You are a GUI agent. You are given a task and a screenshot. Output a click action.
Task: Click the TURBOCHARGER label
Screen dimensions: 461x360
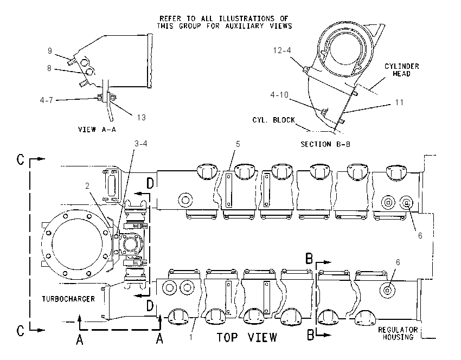(x=68, y=299)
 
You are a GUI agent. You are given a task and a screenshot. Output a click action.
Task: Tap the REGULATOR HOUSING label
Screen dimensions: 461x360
(x=398, y=333)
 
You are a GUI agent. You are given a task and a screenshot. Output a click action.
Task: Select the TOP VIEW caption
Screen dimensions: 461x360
(x=247, y=337)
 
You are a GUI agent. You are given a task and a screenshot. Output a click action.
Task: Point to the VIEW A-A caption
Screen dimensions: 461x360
(x=97, y=129)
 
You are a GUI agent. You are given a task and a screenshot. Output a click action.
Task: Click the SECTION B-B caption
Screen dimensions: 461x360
(x=325, y=144)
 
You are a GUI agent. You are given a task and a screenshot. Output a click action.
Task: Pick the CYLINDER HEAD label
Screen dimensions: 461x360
(x=401, y=70)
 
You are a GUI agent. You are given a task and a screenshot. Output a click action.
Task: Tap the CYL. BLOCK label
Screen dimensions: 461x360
(x=273, y=120)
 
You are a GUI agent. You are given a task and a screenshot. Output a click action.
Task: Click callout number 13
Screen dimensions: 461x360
(x=141, y=118)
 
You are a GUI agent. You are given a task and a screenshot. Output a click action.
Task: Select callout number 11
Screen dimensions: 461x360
(x=399, y=102)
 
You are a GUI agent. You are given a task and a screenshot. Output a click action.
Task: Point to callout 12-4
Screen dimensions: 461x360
(x=282, y=50)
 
